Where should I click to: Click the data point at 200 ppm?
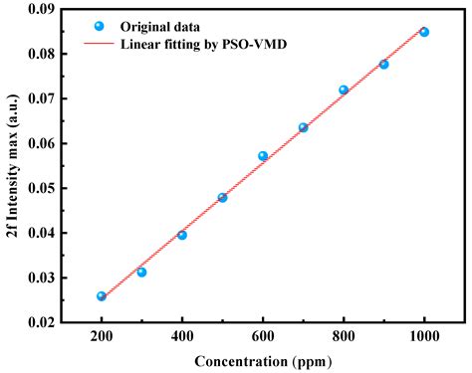[x=102, y=295]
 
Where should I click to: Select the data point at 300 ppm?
[x=141, y=272]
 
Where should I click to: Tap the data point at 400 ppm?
[x=182, y=235]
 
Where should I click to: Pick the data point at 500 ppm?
[x=222, y=197]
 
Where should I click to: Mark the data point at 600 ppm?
[x=263, y=156]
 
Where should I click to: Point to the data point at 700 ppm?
[x=303, y=127]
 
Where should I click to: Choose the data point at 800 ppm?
[x=344, y=90]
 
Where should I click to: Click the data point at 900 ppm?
[x=383, y=64]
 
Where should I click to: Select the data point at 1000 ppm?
[x=424, y=32]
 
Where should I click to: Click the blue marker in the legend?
[x=99, y=26]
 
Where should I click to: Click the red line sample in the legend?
[x=99, y=45]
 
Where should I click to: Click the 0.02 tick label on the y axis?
[x=42, y=322]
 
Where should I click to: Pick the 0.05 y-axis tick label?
[x=42, y=188]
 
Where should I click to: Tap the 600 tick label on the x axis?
[x=263, y=336]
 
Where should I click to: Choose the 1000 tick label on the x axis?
[x=424, y=336]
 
